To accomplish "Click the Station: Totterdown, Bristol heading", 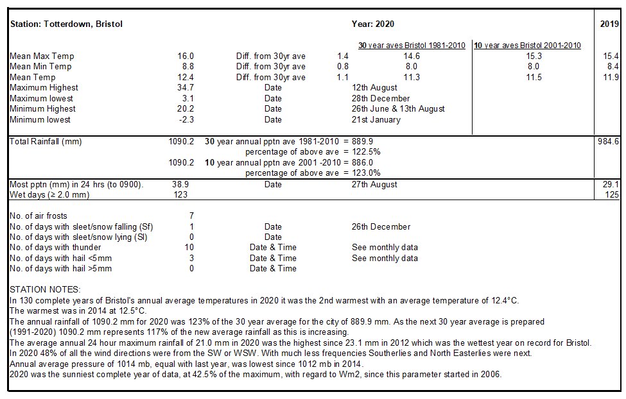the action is [66, 24].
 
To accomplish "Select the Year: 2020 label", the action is [373, 24].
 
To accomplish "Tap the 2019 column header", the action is [609, 24].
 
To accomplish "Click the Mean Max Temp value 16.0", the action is [186, 56].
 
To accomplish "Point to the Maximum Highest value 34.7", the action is [186, 88].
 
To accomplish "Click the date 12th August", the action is [374, 88].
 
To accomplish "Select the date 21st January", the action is [376, 120].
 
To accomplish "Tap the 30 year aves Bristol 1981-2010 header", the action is [412, 46].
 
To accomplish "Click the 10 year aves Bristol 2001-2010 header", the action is [527, 46].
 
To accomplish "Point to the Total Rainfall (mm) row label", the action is [46, 142].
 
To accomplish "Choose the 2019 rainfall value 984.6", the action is [609, 142].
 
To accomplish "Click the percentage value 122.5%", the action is [366, 152].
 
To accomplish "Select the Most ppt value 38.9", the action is [180, 184].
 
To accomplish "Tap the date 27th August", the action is [374, 185].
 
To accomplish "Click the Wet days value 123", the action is [181, 195].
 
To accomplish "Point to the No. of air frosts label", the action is [39, 216].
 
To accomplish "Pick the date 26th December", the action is [381, 226].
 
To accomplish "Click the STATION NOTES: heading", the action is [45, 290].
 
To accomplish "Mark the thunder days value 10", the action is [189, 248].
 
